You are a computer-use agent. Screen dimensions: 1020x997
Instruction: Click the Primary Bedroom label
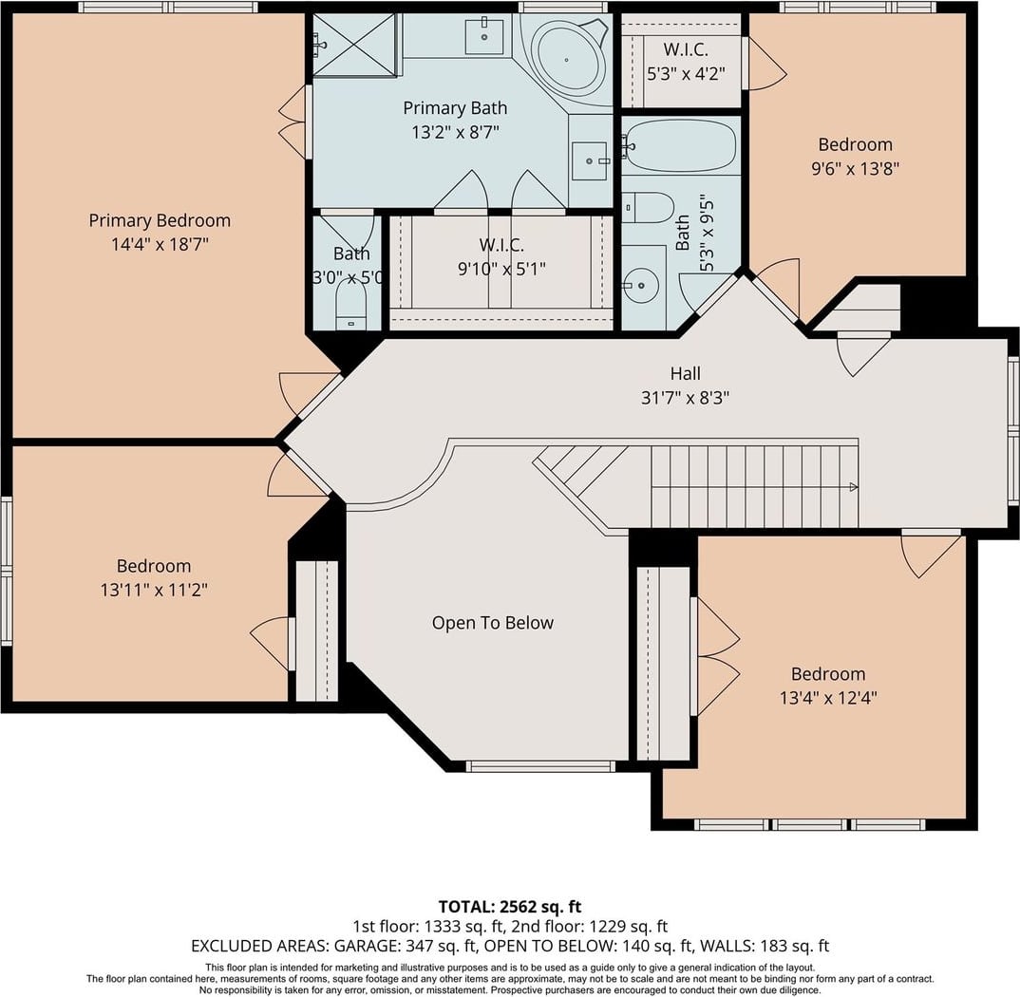(x=160, y=220)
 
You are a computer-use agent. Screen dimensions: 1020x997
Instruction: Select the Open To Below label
(x=493, y=623)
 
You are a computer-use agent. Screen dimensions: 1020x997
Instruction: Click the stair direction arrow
(x=854, y=487)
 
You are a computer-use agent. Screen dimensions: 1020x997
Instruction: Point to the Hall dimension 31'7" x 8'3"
(x=685, y=397)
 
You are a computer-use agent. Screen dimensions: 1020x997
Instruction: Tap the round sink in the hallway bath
(x=641, y=285)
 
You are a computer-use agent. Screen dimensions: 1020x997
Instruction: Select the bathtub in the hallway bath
(x=680, y=145)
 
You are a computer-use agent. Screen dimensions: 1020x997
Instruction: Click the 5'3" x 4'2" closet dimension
(x=686, y=73)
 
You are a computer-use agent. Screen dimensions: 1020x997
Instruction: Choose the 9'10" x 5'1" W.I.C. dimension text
(x=501, y=269)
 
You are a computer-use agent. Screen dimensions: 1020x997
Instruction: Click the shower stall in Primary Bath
(x=354, y=45)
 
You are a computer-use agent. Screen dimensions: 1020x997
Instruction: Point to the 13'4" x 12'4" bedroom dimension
(x=828, y=698)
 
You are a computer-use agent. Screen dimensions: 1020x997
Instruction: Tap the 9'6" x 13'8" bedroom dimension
(x=855, y=168)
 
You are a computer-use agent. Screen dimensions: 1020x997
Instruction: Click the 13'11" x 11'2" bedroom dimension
(x=154, y=590)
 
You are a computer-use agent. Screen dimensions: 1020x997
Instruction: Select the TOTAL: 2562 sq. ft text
(x=509, y=907)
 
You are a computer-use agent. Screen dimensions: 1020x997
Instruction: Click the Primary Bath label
(x=455, y=108)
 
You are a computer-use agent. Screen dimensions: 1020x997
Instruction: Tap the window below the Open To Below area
(x=540, y=767)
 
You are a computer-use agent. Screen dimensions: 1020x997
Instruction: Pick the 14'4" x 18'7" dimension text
(x=160, y=245)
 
